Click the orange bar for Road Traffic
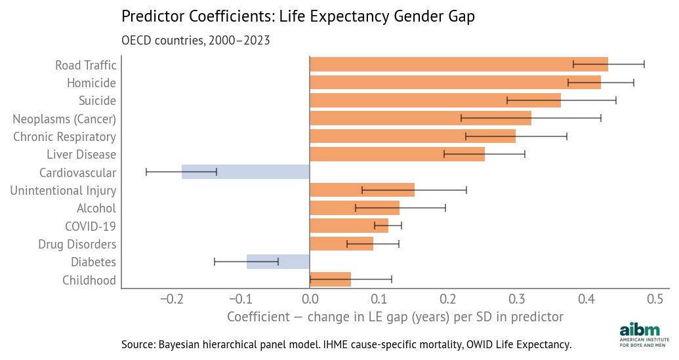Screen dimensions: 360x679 click(x=459, y=64)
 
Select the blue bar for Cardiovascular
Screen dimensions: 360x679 click(x=245, y=172)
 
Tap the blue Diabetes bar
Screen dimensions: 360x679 click(x=278, y=262)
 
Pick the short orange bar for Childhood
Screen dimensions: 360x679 click(x=330, y=279)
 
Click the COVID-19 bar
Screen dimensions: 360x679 click(x=348, y=226)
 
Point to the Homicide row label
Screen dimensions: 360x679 click(x=91, y=83)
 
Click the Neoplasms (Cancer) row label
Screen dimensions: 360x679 click(x=64, y=119)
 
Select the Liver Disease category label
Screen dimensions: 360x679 click(x=81, y=155)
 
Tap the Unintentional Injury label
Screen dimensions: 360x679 click(x=63, y=191)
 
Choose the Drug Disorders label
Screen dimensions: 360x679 click(x=77, y=245)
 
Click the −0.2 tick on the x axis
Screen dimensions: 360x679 click(x=171, y=300)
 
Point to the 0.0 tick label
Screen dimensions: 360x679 click(x=310, y=300)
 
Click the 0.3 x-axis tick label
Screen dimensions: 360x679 click(x=517, y=300)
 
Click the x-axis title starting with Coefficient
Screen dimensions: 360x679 click(x=395, y=317)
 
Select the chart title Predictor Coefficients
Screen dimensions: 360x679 click(x=298, y=17)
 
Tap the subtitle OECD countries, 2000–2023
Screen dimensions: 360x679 click(x=195, y=40)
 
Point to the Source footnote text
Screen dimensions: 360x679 click(x=346, y=344)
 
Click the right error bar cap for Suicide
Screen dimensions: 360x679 click(x=616, y=100)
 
